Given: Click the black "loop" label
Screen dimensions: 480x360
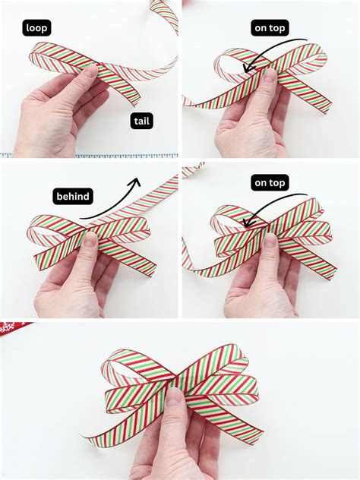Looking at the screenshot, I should click(36, 28).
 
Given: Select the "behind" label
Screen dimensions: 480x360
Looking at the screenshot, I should click(73, 197).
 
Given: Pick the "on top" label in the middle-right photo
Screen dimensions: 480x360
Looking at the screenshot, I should click(270, 182).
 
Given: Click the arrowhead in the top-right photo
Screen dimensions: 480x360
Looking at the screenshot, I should click(244, 70).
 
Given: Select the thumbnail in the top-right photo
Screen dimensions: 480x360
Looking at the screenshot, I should click(268, 76).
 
